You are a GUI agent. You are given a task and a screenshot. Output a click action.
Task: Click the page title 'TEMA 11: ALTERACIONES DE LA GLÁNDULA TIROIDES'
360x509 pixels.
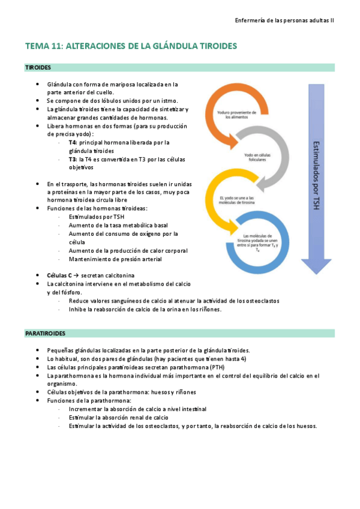coord(131,46)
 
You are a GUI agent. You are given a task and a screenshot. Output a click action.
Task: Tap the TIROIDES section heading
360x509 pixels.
coord(38,68)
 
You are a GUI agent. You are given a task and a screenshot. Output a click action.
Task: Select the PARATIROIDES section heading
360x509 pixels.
coord(45,333)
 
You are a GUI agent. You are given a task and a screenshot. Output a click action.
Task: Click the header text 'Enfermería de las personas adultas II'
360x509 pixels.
coord(284,20)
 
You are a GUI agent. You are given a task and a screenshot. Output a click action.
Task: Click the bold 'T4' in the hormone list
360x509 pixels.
coord(72,143)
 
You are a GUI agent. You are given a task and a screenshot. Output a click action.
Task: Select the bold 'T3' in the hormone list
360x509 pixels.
coord(72,160)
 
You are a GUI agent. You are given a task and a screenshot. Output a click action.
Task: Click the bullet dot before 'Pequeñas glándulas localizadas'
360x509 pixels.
coord(38,350)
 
